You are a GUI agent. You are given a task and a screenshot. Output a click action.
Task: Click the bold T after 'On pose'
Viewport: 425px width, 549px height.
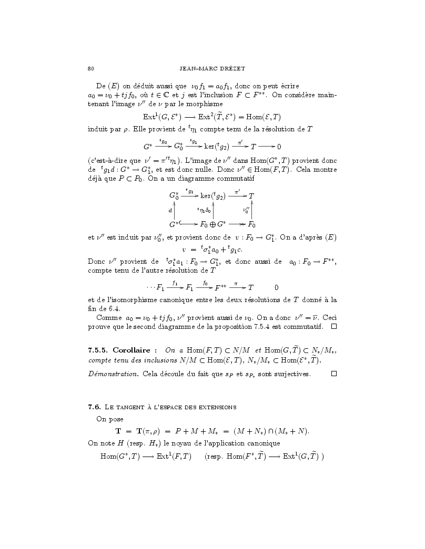[118, 431]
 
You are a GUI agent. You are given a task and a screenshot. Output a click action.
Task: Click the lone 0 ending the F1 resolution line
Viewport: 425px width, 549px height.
[276, 287]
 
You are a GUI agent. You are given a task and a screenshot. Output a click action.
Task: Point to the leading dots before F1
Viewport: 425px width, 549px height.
[150, 287]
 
